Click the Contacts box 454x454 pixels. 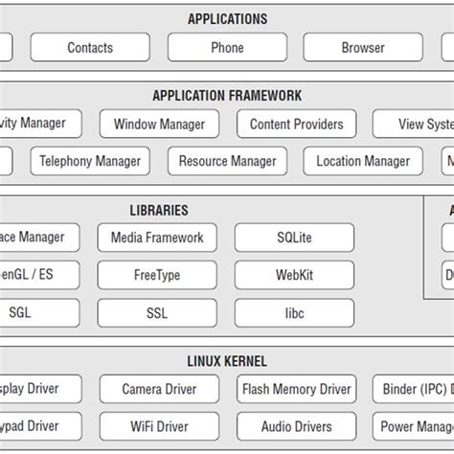click(x=90, y=47)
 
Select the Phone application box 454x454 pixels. click(x=227, y=47)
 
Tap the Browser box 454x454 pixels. click(x=363, y=47)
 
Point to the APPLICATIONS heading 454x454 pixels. click(x=227, y=18)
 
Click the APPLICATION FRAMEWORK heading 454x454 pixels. click(x=227, y=96)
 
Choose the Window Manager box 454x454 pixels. click(x=159, y=124)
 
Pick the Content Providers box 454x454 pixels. click(x=296, y=124)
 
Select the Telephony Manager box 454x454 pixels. click(x=90, y=161)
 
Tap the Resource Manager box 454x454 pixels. click(x=227, y=161)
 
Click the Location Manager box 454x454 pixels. click(x=363, y=161)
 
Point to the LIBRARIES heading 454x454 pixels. click(x=159, y=210)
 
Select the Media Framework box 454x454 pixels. click(x=157, y=238)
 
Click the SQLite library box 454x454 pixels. click(x=294, y=238)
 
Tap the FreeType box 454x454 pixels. click(x=157, y=275)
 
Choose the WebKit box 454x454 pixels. click(x=294, y=275)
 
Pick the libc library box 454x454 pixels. click(x=294, y=312)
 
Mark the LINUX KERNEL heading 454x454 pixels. click(x=227, y=361)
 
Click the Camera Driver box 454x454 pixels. click(x=159, y=389)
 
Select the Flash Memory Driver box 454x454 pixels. click(x=296, y=389)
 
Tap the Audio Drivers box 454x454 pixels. click(x=296, y=426)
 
